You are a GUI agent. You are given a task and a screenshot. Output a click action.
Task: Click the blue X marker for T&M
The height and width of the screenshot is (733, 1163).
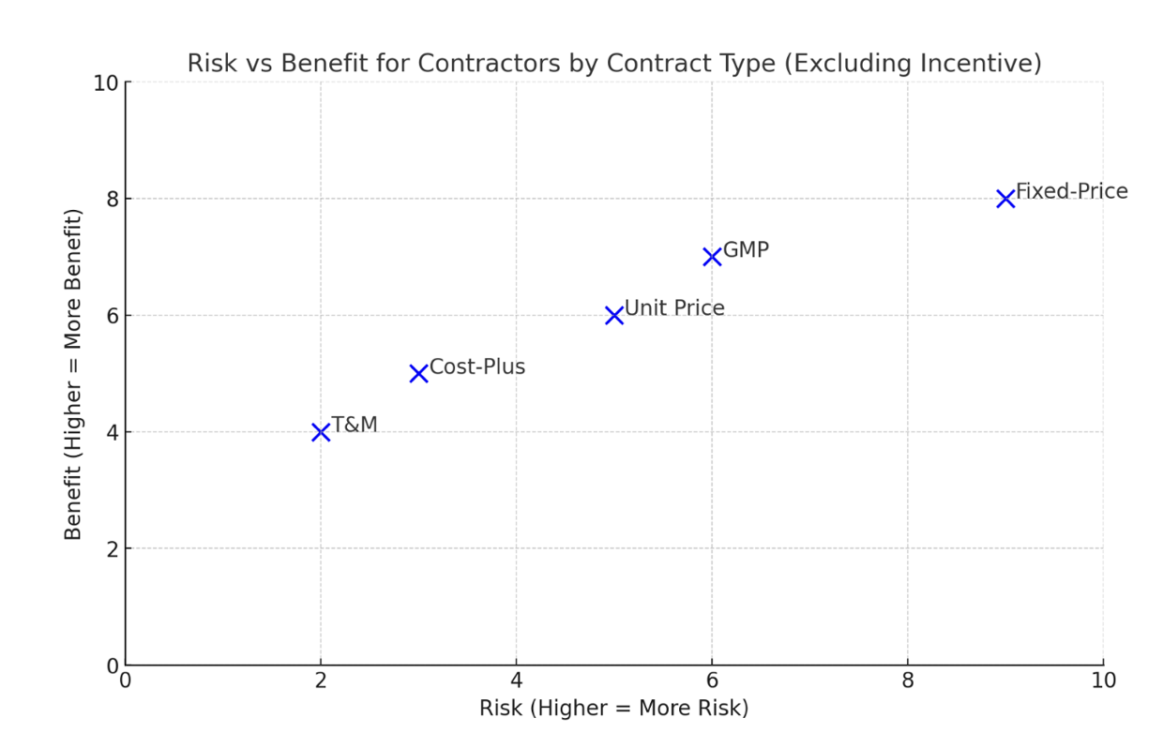[x=321, y=432]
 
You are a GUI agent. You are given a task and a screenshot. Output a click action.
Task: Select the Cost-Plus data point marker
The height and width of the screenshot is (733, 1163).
[x=418, y=373]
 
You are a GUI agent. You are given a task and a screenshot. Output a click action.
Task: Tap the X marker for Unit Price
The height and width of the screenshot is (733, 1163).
[x=614, y=315]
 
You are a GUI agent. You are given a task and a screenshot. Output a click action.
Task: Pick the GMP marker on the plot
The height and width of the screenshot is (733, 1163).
[x=712, y=257]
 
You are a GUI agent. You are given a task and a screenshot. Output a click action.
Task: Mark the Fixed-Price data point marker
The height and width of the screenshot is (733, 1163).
[x=1005, y=199]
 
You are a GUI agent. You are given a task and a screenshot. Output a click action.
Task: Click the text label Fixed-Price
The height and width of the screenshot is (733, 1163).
[x=1071, y=192]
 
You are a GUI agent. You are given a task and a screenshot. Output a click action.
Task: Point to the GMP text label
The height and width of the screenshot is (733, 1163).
[x=746, y=250]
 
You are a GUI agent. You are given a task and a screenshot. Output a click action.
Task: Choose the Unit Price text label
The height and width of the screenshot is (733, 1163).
[x=674, y=308]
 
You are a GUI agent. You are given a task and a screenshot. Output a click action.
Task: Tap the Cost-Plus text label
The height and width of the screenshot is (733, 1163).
[x=476, y=367]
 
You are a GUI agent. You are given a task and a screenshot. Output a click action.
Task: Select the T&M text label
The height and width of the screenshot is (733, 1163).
[x=355, y=426]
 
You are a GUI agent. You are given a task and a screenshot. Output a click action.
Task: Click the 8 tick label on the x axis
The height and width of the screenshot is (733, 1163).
[x=907, y=680]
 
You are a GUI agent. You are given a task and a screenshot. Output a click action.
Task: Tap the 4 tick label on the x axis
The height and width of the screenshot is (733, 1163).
[x=516, y=680]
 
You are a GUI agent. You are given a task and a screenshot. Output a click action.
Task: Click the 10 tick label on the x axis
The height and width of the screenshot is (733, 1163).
[x=1103, y=680]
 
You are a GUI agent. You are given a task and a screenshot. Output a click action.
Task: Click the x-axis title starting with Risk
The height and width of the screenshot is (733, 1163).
[x=613, y=708]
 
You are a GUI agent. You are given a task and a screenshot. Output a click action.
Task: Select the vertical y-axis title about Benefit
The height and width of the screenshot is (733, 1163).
[x=73, y=374]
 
